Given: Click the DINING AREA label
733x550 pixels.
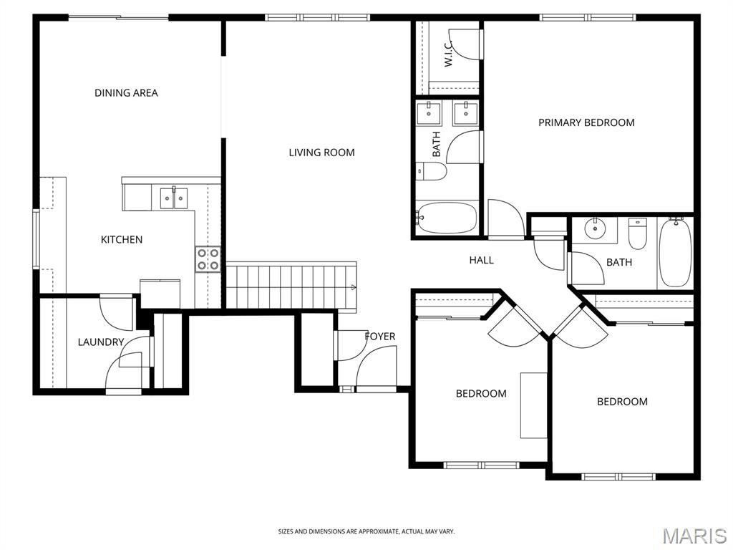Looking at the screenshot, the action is pyautogui.click(x=126, y=92).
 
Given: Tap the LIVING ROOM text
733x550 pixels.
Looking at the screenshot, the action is pyautogui.click(x=321, y=152).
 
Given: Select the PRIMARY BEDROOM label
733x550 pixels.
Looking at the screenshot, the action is pyautogui.click(x=586, y=122).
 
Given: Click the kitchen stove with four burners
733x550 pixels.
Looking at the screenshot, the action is pyautogui.click(x=208, y=259).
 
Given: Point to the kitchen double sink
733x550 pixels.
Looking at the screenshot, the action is pyautogui.click(x=174, y=198).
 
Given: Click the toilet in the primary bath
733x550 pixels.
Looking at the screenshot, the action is pyautogui.click(x=432, y=171).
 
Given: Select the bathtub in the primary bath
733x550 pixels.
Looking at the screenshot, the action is pyautogui.click(x=447, y=218).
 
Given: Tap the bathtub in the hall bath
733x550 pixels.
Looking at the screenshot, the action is pyautogui.click(x=675, y=253).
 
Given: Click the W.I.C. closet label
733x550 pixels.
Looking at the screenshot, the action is pyautogui.click(x=448, y=53).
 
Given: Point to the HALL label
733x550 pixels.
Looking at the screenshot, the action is pyautogui.click(x=482, y=260).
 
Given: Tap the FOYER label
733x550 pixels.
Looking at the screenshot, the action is pyautogui.click(x=380, y=337).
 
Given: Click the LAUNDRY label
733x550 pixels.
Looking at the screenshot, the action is pyautogui.click(x=100, y=342).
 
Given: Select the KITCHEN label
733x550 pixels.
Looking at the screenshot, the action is pyautogui.click(x=122, y=239).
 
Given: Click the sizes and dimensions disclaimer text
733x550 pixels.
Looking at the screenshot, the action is pyautogui.click(x=366, y=531).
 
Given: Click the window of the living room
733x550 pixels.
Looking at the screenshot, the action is pyautogui.click(x=317, y=18).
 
